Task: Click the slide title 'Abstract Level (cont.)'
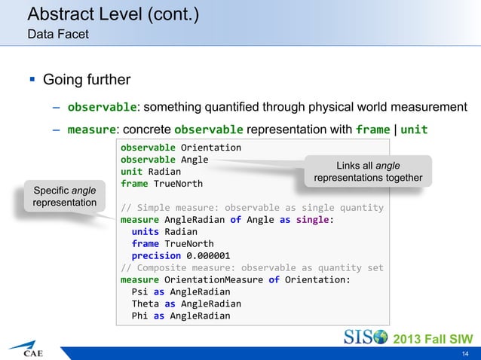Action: [113, 14]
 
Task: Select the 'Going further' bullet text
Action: [87, 79]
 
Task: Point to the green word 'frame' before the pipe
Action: [372, 129]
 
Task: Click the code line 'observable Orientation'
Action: [181, 147]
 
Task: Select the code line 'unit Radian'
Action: [150, 171]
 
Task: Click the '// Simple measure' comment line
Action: [252, 207]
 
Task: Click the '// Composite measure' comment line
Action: [252, 267]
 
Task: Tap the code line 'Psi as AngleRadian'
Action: [181, 291]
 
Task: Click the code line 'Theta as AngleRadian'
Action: [186, 304]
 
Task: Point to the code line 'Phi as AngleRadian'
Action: [181, 316]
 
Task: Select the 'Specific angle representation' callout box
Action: [63, 196]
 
